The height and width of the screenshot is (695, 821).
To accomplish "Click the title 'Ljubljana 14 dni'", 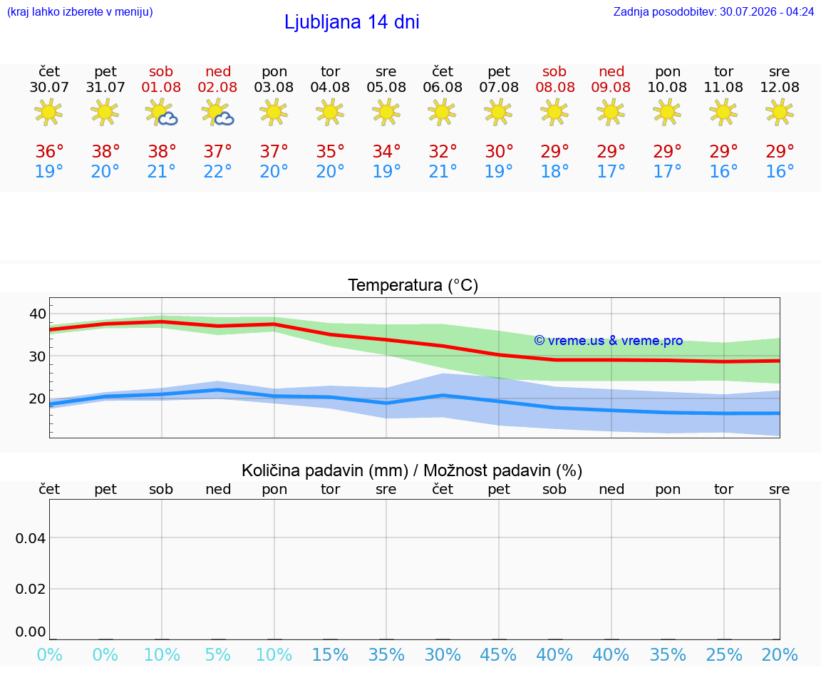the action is click(351, 22).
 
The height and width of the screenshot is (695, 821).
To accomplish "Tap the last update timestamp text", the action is click(713, 11).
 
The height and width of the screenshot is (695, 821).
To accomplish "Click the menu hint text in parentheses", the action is click(80, 11).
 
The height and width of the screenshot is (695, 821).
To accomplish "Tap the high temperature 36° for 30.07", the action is click(49, 152).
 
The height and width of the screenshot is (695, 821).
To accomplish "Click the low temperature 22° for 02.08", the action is click(217, 171).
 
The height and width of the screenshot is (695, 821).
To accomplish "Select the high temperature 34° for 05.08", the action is click(386, 152).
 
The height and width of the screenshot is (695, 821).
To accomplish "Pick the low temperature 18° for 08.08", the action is click(554, 171).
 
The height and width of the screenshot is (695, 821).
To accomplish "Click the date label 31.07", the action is click(105, 88).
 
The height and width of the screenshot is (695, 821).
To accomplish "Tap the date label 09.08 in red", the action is click(611, 88).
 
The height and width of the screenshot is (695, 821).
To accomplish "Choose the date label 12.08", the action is click(780, 88).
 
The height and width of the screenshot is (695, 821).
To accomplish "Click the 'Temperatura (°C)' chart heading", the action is click(413, 285).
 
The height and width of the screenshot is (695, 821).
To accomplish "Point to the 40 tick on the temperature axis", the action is click(38, 314).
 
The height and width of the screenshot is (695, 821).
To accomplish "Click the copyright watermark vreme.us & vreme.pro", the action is click(609, 341).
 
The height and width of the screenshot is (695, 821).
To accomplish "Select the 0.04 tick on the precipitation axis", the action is click(31, 538).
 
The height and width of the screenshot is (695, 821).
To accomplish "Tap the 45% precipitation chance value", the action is click(498, 655).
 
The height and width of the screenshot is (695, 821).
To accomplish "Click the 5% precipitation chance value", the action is click(218, 655).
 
